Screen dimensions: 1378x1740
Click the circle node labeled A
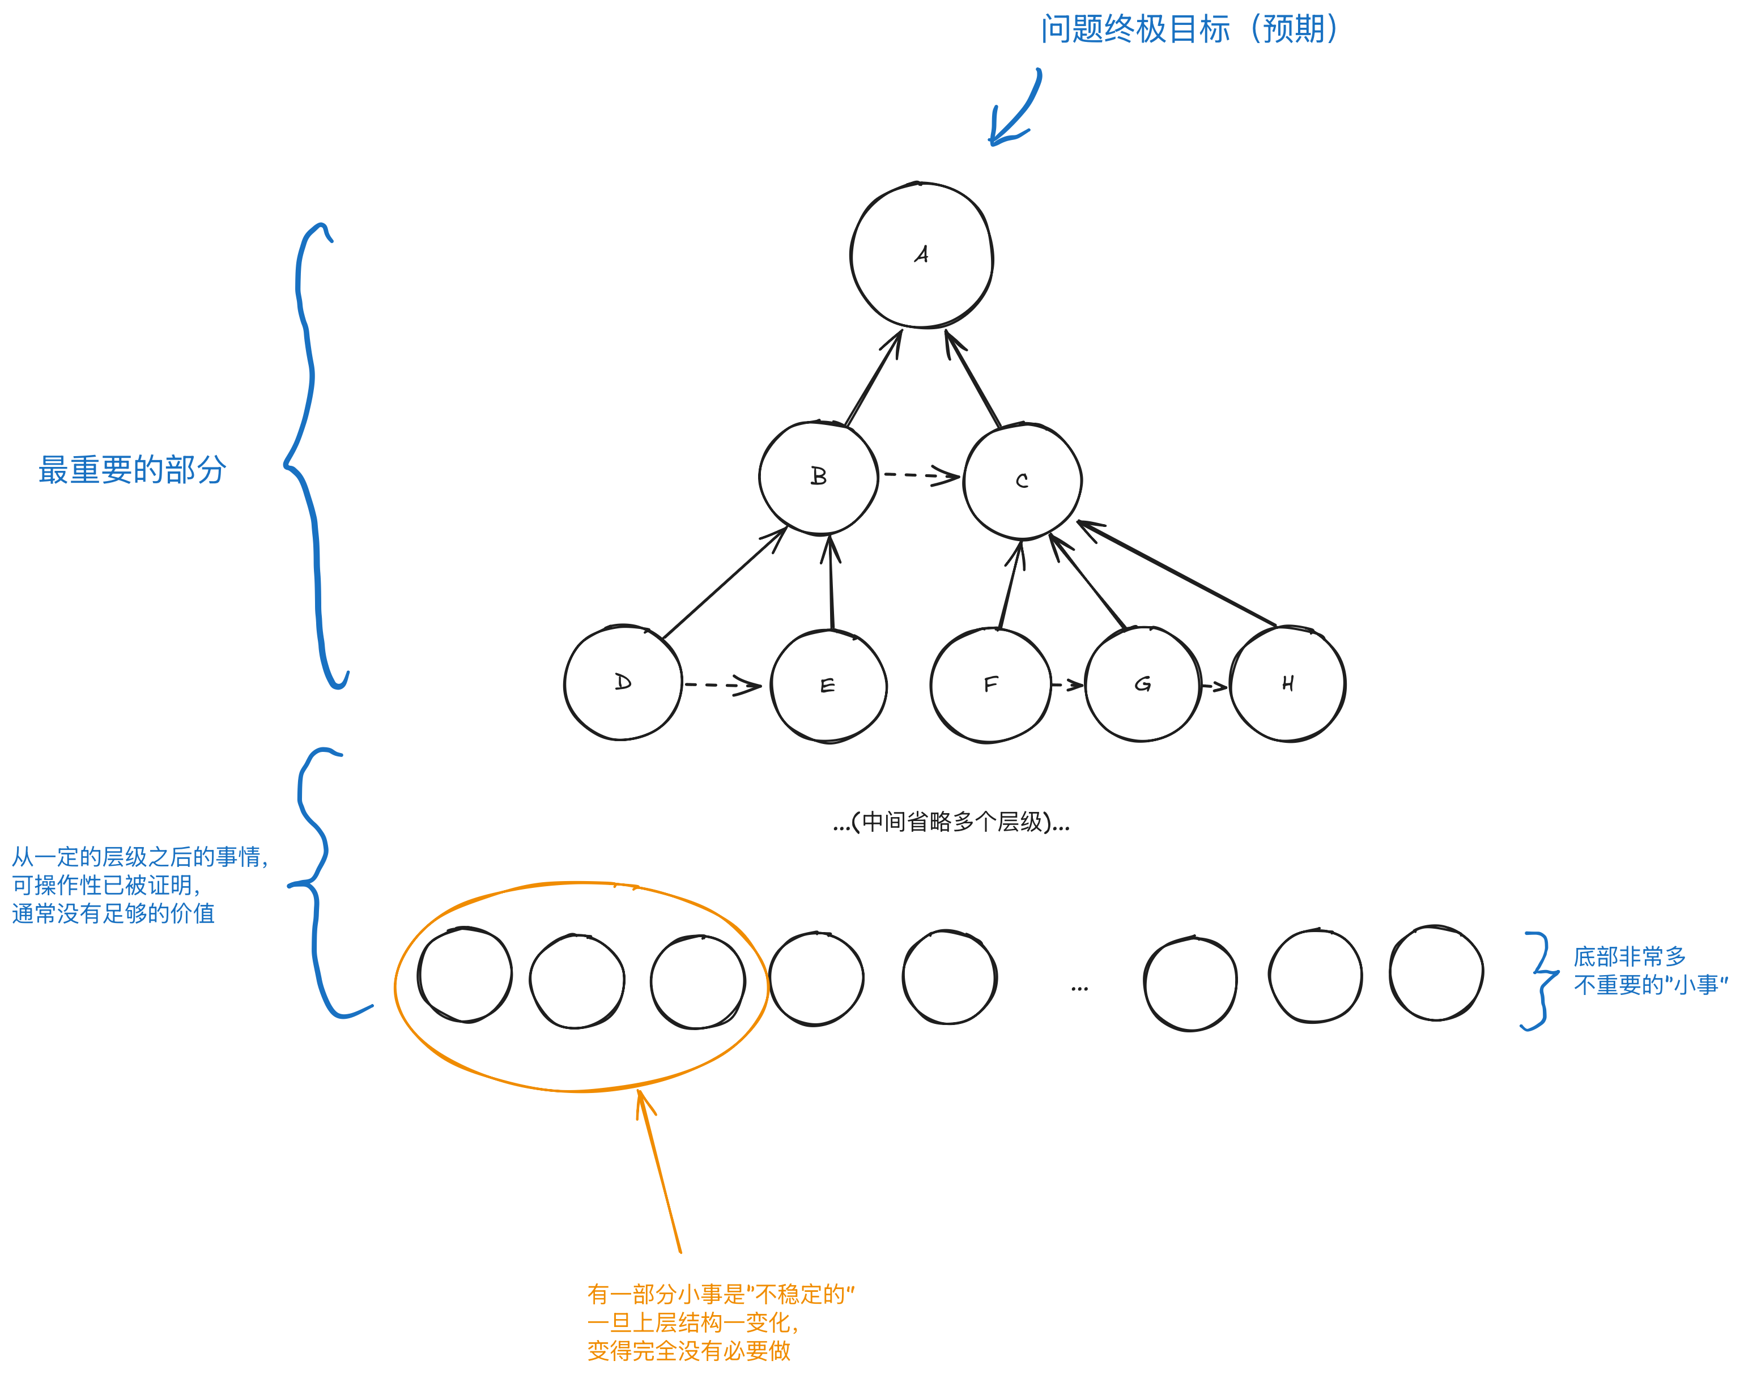tap(921, 255)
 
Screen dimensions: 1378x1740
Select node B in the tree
tap(818, 477)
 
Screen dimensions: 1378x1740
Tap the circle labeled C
tap(1022, 481)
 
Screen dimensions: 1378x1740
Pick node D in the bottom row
tap(623, 683)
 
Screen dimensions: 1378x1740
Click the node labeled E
tap(828, 686)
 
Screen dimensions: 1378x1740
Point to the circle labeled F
tap(990, 685)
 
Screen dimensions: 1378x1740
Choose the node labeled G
tap(1142, 684)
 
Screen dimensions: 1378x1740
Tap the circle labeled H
tap(1287, 684)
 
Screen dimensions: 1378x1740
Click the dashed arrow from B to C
tap(920, 475)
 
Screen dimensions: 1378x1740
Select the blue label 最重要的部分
tap(131, 470)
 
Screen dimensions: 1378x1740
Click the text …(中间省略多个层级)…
tap(951, 822)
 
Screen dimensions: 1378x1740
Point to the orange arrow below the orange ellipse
tap(659, 1171)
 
